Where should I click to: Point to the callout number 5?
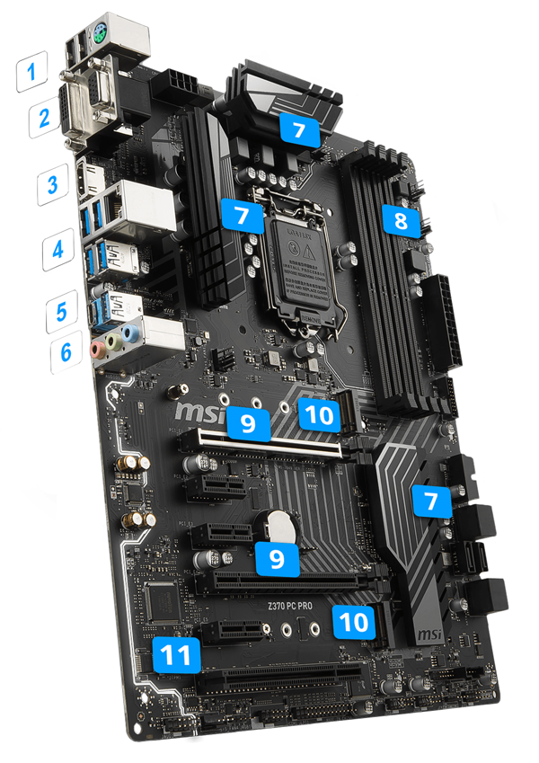point(61,312)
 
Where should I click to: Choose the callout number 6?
point(65,351)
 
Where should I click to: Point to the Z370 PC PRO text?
point(294,607)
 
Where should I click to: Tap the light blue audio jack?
point(131,335)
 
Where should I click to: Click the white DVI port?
point(87,111)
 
